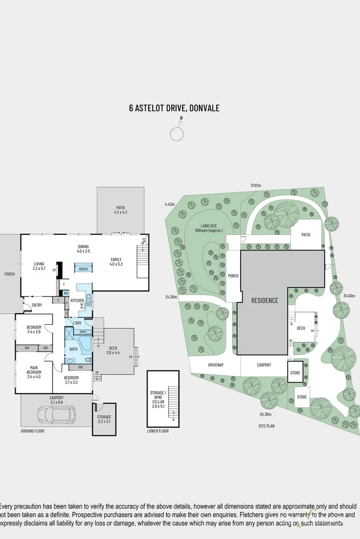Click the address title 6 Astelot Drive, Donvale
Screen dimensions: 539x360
[174, 108]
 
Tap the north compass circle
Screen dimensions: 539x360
[177, 134]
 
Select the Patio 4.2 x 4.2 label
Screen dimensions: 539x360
[120, 210]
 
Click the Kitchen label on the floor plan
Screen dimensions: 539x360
[77, 301]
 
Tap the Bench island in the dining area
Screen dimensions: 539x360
[83, 269]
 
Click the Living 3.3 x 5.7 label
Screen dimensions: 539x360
[39, 266]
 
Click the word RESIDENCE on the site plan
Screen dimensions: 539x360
[264, 301]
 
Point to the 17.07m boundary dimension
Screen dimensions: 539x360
[255, 185]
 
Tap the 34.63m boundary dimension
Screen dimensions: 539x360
[348, 296]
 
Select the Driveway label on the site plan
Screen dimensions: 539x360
[215, 365]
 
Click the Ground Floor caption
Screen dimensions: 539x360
[33, 431]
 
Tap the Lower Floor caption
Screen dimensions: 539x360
[158, 431]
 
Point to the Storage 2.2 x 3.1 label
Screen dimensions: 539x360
[104, 419]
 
